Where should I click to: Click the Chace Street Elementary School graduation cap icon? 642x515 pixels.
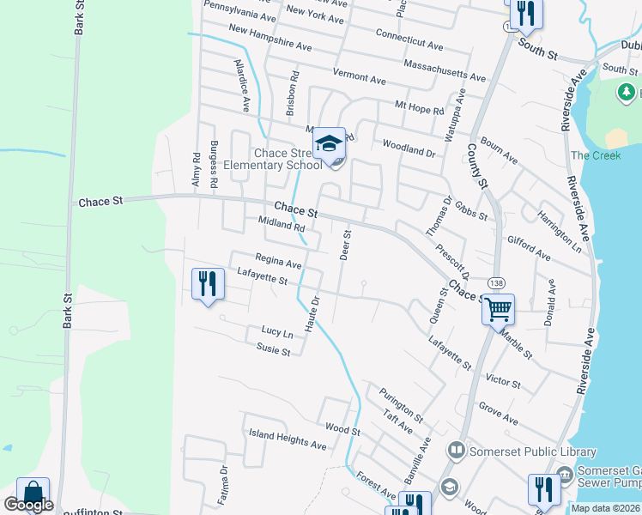pyautogui.click(x=328, y=144)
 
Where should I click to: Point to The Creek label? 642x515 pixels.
pyautogui.click(x=596, y=155)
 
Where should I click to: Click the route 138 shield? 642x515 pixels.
pyautogui.click(x=495, y=282)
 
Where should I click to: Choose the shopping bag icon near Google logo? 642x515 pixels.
pyautogui.click(x=33, y=493)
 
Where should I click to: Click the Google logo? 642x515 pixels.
pyautogui.click(x=27, y=505)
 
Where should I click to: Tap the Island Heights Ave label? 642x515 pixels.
pyautogui.click(x=288, y=439)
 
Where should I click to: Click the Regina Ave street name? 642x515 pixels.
pyautogui.click(x=279, y=261)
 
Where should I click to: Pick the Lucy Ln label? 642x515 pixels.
pyautogui.click(x=277, y=331)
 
